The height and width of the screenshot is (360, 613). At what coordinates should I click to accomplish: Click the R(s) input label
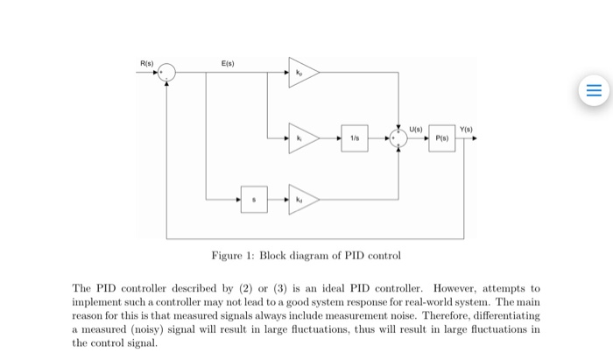coord(147,63)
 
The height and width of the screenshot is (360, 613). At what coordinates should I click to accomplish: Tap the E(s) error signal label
coord(228,63)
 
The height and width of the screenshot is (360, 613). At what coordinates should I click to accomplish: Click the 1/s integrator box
coord(355,138)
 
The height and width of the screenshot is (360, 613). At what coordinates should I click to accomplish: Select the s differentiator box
coord(254,200)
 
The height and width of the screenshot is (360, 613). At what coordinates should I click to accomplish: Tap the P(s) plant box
coord(441,138)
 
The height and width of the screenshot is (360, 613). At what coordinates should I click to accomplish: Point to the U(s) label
coord(416,129)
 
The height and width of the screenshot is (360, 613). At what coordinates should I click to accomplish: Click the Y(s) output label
coord(466,129)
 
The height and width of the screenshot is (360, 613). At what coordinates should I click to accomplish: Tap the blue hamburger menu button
coord(594,90)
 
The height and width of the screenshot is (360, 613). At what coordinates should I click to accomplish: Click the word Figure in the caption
coord(227,256)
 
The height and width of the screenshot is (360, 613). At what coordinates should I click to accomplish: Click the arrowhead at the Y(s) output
coord(475,138)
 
